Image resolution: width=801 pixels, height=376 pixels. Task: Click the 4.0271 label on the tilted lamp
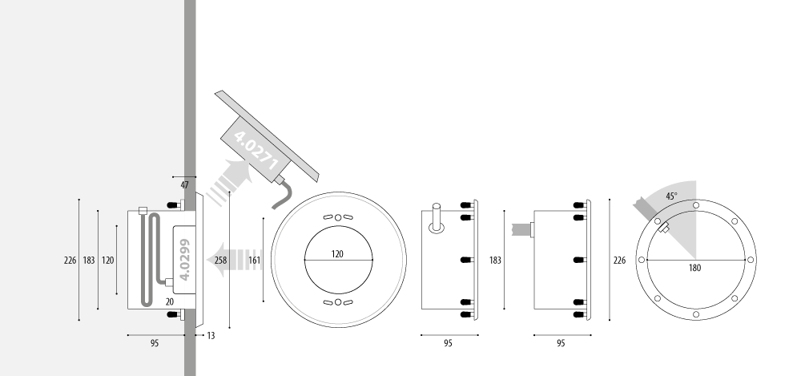pos(256,151)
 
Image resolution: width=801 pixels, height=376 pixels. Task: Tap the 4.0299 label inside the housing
pos(185,260)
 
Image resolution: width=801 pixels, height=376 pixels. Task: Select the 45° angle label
pos(671,196)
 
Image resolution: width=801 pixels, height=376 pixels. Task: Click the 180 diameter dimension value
pos(694,268)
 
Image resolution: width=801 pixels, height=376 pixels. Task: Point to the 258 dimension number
pos(221,261)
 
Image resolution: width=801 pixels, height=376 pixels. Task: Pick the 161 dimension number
pos(255,261)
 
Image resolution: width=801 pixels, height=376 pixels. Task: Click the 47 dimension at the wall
pos(184,185)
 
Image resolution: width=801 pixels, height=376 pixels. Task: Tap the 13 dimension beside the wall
pos(211,336)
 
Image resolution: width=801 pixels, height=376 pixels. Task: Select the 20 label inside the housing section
pos(170,302)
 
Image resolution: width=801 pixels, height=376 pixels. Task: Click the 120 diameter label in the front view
pos(337,253)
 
